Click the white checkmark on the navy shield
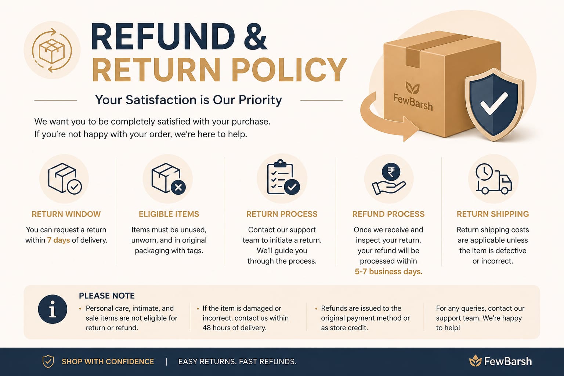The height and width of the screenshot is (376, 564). click(494, 103)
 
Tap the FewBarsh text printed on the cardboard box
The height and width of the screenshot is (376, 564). click(413, 102)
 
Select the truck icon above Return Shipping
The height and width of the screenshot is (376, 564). click(493, 179)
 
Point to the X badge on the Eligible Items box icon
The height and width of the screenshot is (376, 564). click(178, 187)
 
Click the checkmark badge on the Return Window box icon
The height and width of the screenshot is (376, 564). click(75, 187)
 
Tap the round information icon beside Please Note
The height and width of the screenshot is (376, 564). click(53, 309)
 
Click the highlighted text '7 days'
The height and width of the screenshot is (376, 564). click(58, 240)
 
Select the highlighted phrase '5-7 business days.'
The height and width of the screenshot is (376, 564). click(388, 272)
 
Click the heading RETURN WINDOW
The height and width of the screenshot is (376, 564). click(66, 214)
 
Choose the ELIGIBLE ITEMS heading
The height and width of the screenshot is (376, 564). click(169, 214)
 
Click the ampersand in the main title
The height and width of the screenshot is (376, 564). click(256, 36)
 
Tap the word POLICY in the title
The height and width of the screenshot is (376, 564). click(289, 69)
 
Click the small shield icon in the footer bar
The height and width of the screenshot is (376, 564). click(48, 362)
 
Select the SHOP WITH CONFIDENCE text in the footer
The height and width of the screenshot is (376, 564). click(108, 362)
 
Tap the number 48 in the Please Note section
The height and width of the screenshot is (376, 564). click(207, 328)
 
